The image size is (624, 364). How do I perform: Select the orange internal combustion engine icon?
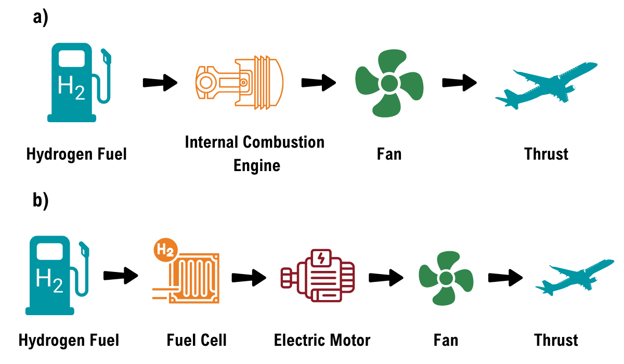click(239, 83)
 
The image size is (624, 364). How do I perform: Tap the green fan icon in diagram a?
click(388, 83)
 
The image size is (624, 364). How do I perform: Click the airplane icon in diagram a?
click(546, 86)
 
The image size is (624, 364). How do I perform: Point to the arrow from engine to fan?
click(318, 82)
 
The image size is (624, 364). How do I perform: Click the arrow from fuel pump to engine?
click(160, 82)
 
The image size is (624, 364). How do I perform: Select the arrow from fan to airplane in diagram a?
click(459, 82)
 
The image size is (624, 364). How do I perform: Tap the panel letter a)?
click(40, 17)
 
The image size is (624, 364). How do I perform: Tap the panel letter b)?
click(40, 201)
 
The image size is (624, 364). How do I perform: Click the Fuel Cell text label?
click(197, 341)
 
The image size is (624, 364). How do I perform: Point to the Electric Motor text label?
click(322, 341)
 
